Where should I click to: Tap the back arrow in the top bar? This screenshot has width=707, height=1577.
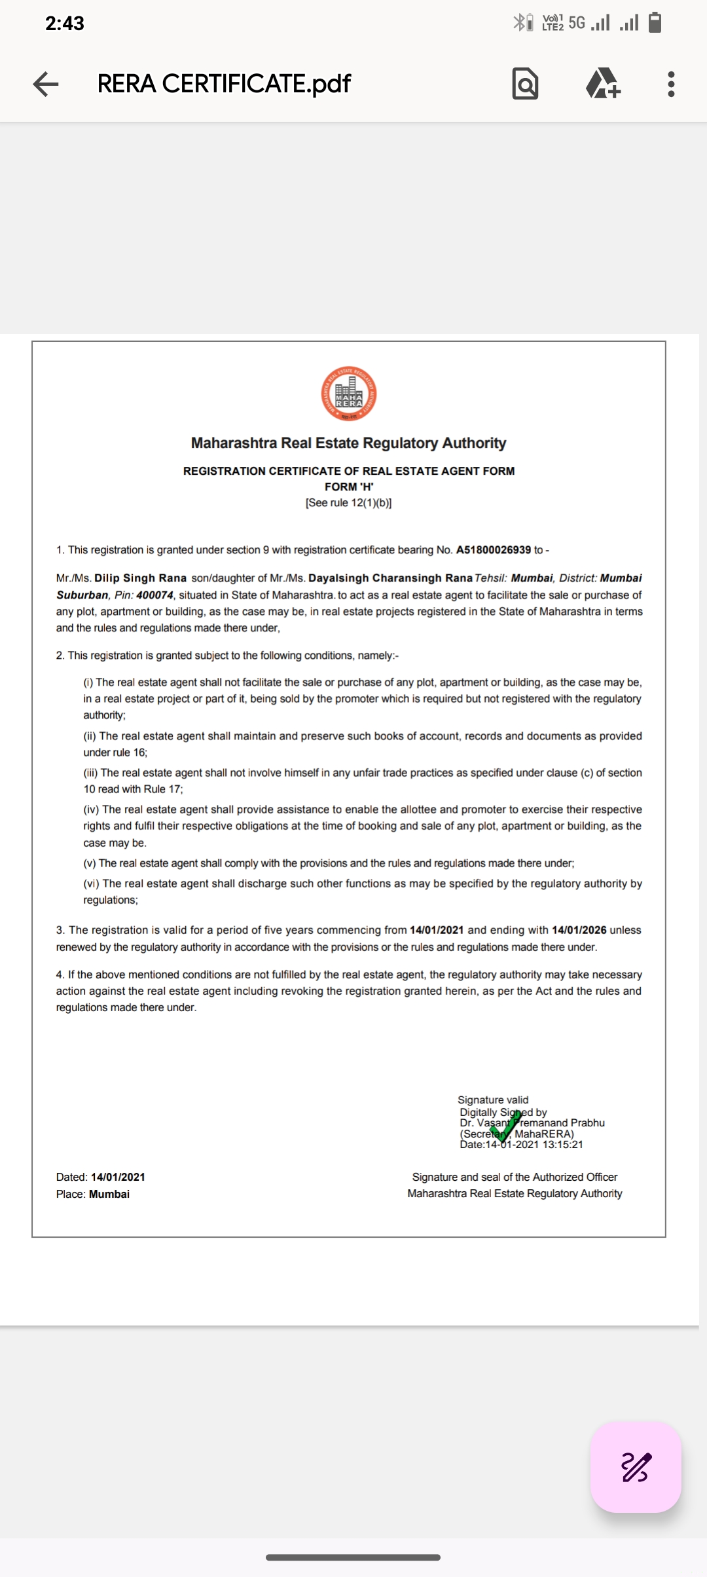(46, 84)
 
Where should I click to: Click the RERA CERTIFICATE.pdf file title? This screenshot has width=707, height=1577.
(224, 84)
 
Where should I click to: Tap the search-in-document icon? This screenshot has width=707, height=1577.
(525, 84)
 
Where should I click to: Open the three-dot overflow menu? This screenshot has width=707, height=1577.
(671, 84)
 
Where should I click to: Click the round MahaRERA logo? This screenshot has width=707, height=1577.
(349, 394)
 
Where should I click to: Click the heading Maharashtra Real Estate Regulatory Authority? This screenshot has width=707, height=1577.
(348, 443)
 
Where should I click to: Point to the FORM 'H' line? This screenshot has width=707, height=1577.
(349, 487)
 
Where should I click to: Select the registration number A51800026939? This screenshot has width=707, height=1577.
(494, 550)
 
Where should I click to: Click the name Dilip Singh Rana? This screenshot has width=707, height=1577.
(140, 578)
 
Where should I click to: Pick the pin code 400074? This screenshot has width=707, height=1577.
(154, 595)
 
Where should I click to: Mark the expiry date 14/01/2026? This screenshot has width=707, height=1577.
(579, 930)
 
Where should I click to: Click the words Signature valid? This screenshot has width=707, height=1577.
(493, 1100)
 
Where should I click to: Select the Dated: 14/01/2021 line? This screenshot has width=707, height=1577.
(101, 1177)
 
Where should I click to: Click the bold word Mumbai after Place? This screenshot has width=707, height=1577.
(109, 1194)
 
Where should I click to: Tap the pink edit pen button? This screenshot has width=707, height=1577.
(636, 1467)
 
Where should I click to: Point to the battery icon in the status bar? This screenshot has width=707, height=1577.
(655, 23)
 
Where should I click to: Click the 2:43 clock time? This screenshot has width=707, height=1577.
(64, 24)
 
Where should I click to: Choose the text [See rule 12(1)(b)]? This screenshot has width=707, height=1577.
(348, 503)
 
